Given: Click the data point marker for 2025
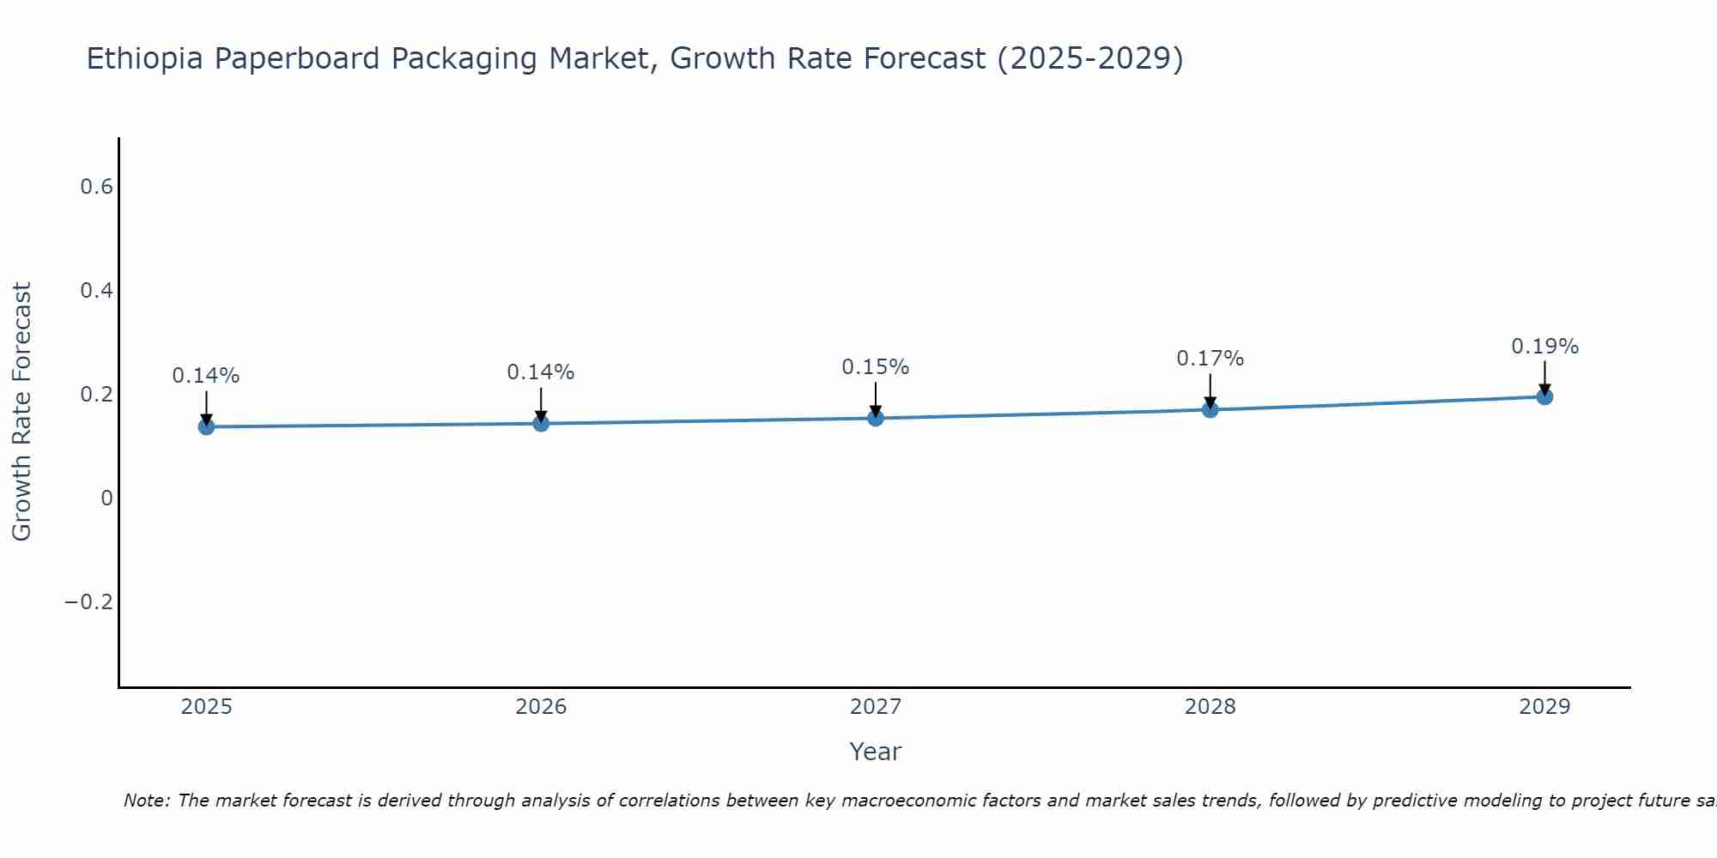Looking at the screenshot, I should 206,426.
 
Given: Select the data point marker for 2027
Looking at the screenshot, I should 876,418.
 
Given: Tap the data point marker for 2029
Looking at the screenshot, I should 1544,396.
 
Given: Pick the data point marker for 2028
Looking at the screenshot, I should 1210,409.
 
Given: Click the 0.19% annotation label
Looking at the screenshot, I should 1544,347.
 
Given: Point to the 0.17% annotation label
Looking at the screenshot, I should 1210,359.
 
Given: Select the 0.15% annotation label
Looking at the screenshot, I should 875,367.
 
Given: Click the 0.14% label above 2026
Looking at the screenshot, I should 540,372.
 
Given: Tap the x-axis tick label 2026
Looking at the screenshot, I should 541,707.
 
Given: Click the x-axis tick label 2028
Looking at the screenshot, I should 1210,707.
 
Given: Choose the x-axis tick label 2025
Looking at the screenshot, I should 206,707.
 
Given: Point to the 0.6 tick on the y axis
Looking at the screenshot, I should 97,187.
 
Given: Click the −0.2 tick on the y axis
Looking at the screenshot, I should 89,602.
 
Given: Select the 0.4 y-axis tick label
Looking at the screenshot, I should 97,291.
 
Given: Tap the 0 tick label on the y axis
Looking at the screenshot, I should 106,498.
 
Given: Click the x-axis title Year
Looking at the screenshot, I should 875,752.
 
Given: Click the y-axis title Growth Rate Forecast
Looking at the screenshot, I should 21,412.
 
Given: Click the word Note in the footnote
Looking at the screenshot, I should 145,801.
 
